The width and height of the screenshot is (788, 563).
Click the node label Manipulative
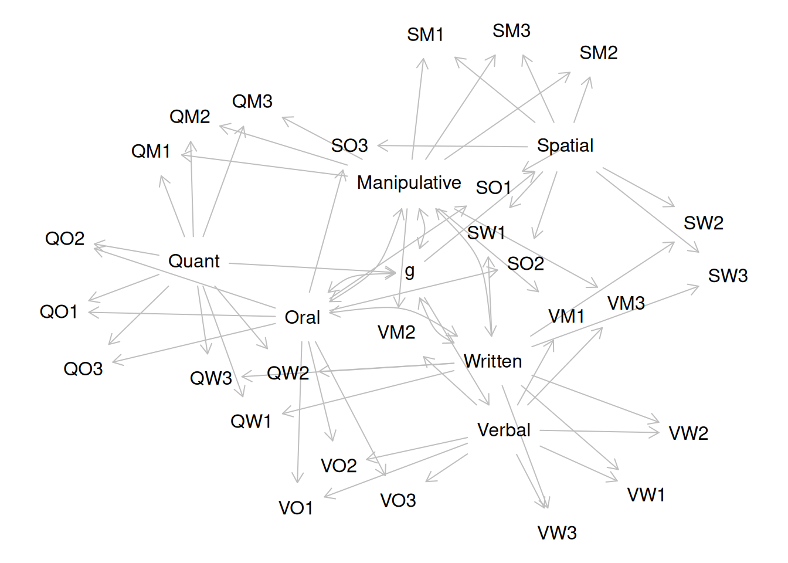click(409, 183)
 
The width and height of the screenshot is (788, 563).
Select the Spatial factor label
click(565, 145)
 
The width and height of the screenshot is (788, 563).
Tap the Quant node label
click(193, 261)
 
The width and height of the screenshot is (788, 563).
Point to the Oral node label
click(302, 317)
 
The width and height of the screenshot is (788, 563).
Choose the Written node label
click(492, 361)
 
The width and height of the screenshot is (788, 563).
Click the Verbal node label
click(504, 430)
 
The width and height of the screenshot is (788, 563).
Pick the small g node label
click(409, 271)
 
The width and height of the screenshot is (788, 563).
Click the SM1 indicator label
click(425, 35)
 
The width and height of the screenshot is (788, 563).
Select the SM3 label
click(511, 30)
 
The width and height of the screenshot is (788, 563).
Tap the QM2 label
click(189, 117)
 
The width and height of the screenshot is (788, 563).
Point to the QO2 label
click(64, 239)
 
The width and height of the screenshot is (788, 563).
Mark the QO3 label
click(83, 369)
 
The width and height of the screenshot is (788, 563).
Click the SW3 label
click(728, 276)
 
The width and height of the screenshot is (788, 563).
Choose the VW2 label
click(688, 433)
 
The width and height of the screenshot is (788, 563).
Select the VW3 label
click(557, 533)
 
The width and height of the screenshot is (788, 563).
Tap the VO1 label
click(295, 508)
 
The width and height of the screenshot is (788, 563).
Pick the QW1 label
click(250, 421)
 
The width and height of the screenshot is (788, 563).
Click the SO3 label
click(349, 145)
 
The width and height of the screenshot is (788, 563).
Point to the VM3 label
click(626, 303)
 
